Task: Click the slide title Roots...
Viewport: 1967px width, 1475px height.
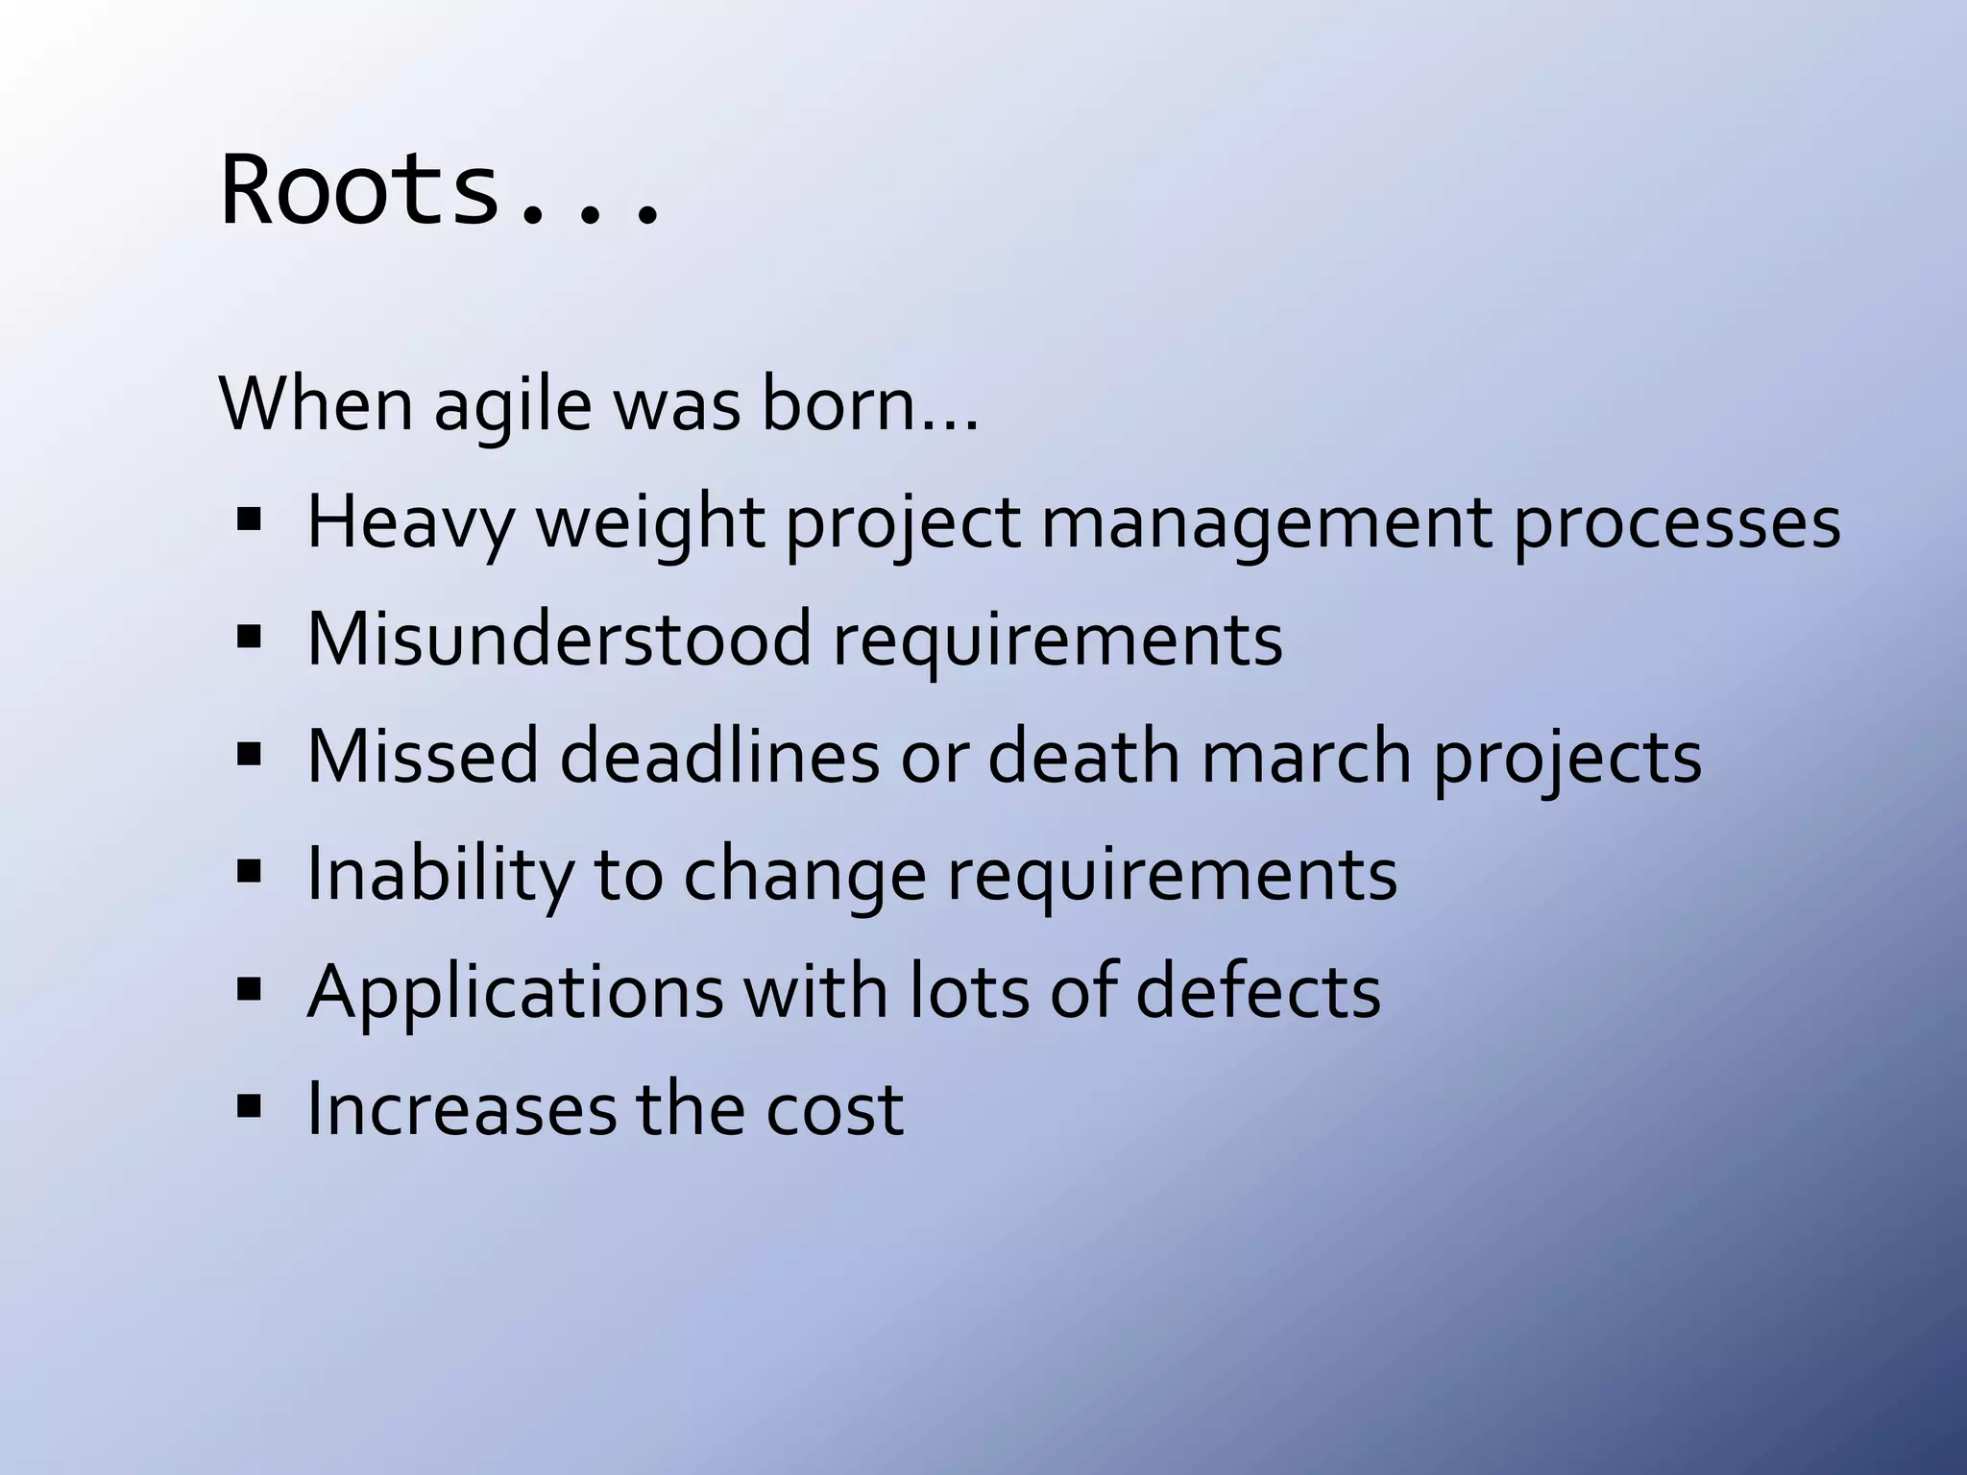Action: pyautogui.click(x=440, y=190)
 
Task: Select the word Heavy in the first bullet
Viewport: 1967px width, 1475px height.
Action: pyautogui.click(x=410, y=524)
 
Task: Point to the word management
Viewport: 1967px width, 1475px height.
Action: pyautogui.click(x=1267, y=524)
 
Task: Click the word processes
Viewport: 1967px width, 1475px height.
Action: pyautogui.click(x=1677, y=524)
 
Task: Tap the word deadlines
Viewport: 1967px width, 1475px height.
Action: pyautogui.click(x=719, y=757)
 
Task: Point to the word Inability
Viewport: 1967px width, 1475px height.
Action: pyautogui.click(x=440, y=875)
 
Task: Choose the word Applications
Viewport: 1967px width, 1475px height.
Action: pyautogui.click(x=515, y=992)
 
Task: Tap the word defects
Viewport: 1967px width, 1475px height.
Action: pyautogui.click(x=1258, y=991)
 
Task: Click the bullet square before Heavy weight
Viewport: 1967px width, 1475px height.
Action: pyautogui.click(x=249, y=520)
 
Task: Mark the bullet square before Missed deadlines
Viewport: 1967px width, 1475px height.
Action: pyautogui.click(x=249, y=754)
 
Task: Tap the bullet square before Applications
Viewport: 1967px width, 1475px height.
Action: pyautogui.click(x=249, y=988)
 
